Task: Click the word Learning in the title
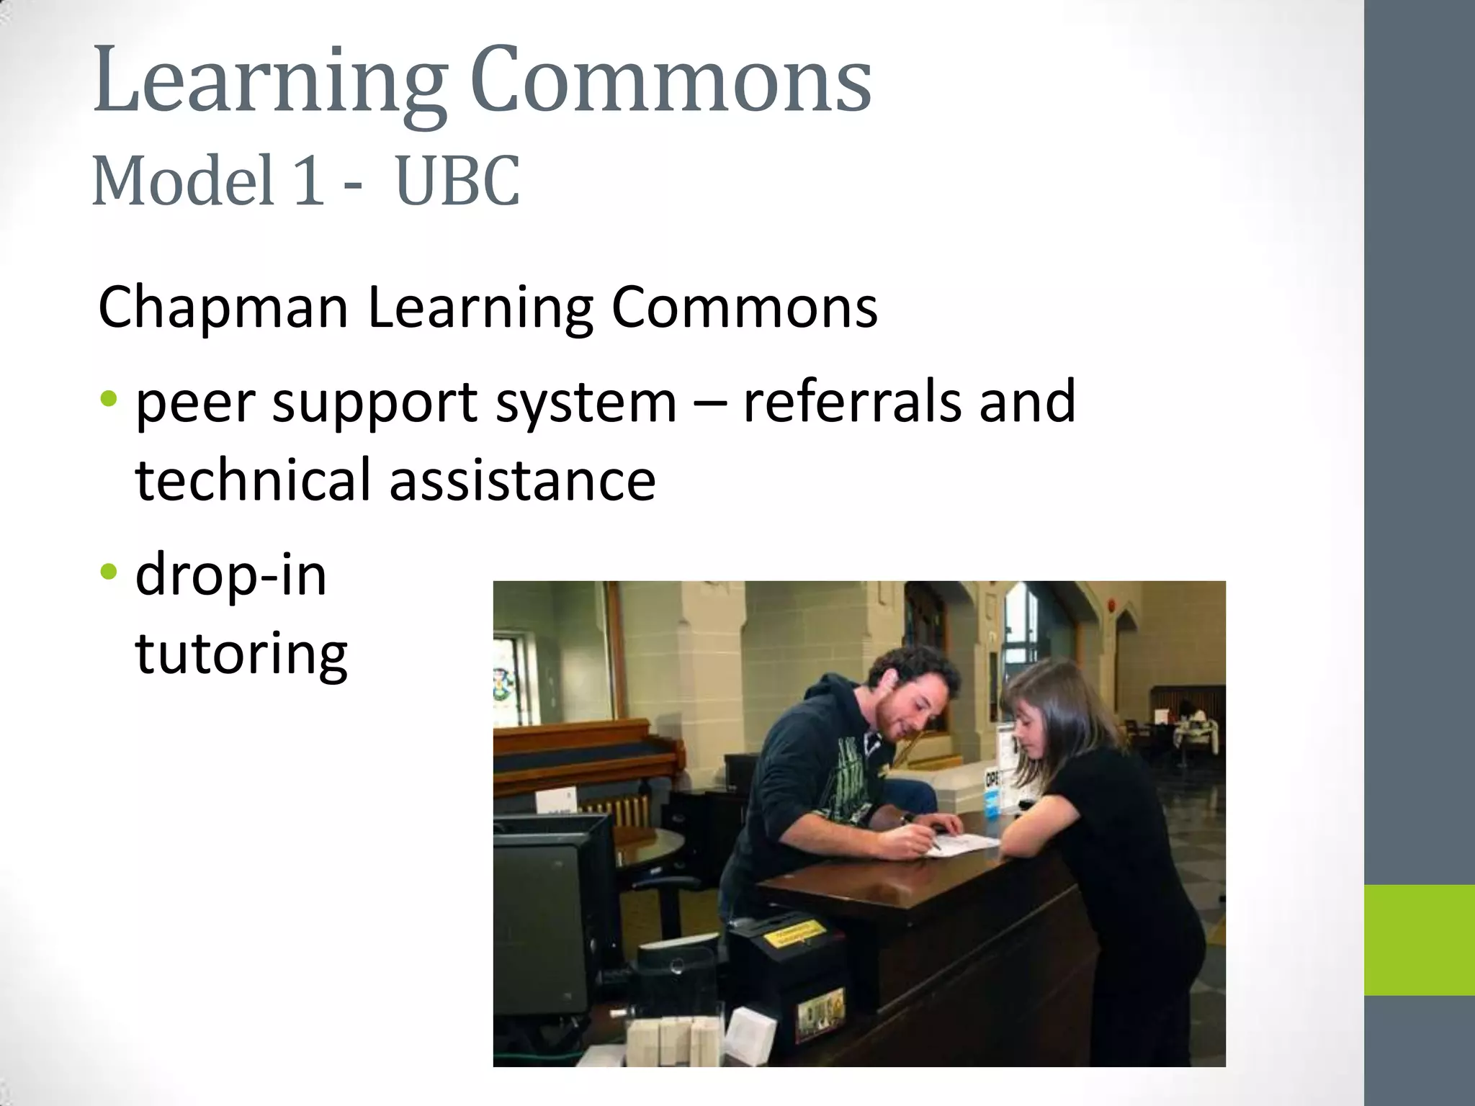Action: point(270,81)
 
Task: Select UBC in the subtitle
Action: point(457,181)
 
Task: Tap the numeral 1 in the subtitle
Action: point(308,181)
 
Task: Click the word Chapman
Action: point(223,307)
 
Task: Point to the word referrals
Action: point(852,401)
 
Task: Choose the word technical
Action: point(253,480)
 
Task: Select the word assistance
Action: point(523,481)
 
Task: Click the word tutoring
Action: point(241,654)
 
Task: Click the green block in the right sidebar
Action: point(1420,940)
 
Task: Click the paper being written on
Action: point(965,844)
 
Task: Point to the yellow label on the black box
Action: point(794,934)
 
